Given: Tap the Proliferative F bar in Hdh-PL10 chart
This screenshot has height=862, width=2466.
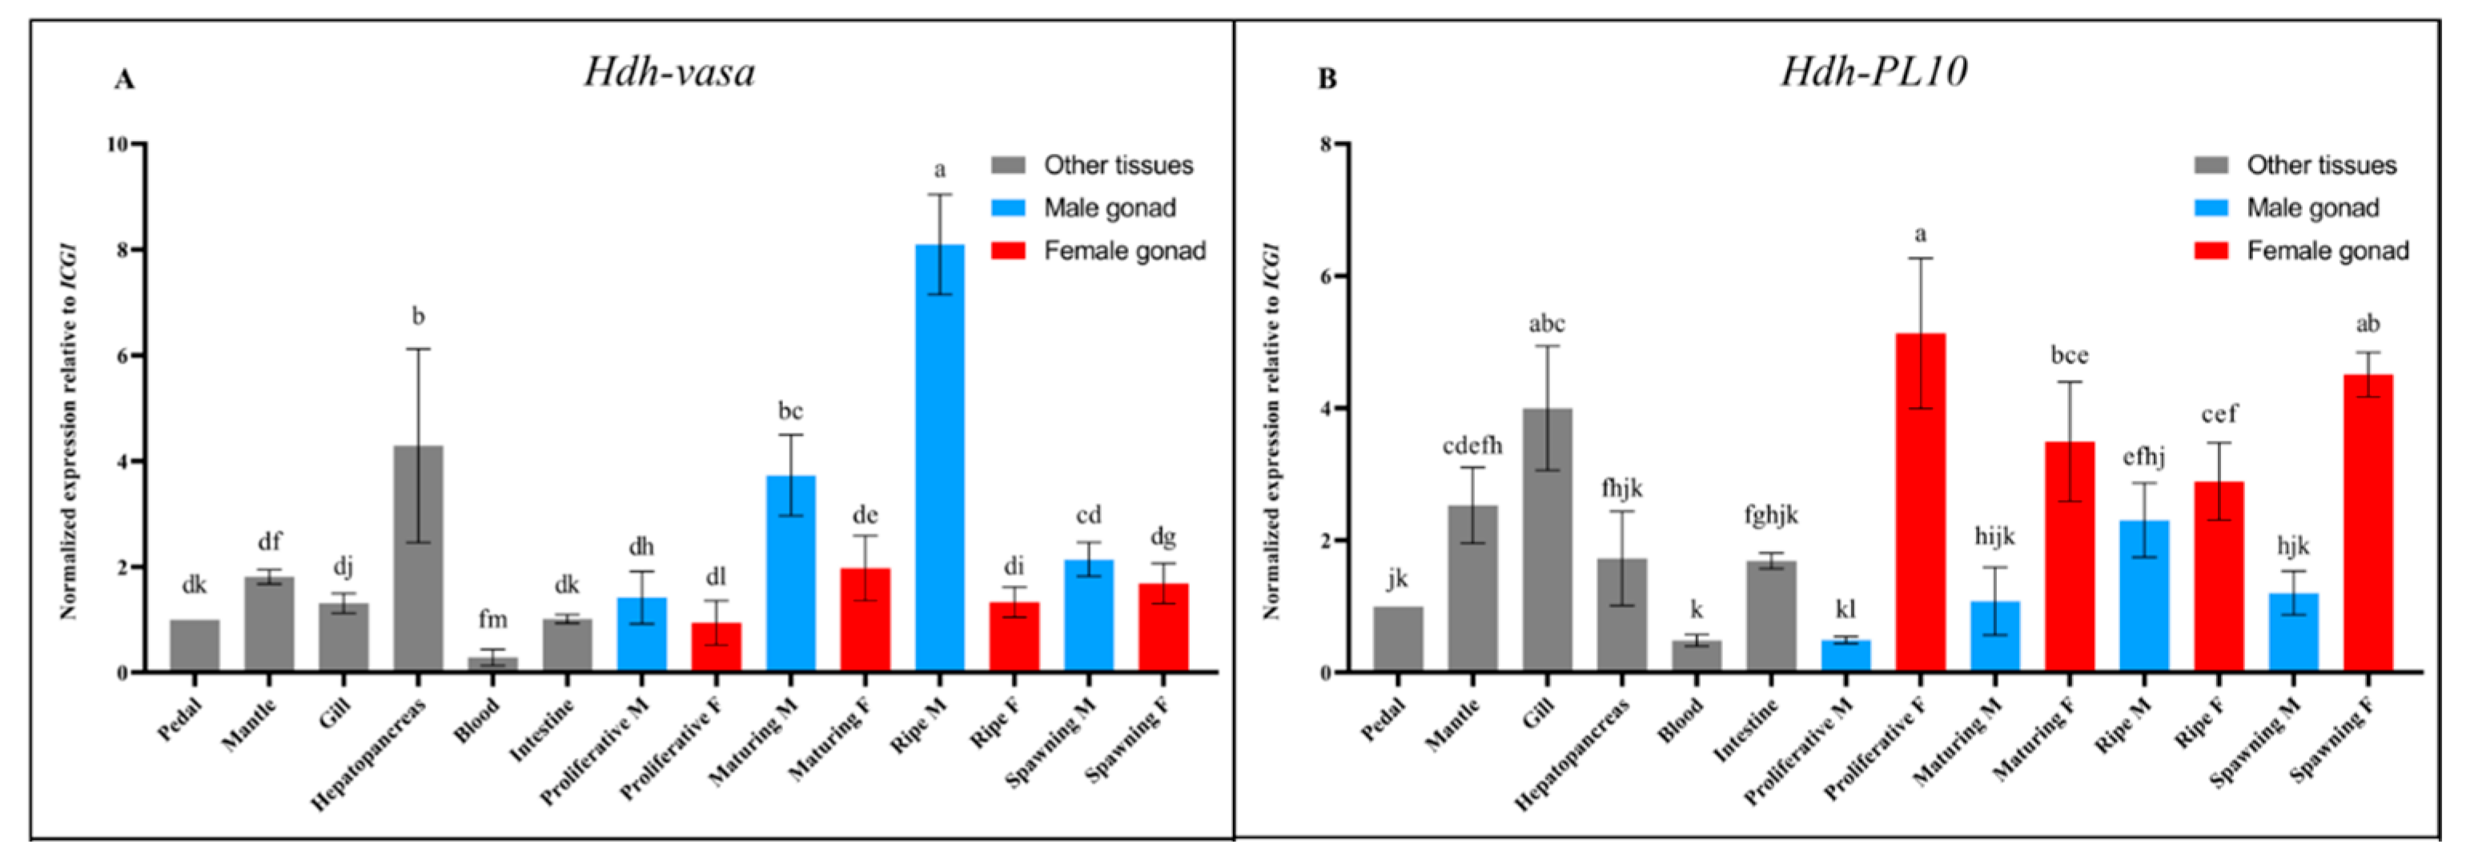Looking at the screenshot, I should (1919, 503).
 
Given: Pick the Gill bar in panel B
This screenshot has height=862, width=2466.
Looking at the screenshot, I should (1547, 540).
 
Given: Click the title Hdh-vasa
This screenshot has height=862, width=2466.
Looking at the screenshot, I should (669, 73).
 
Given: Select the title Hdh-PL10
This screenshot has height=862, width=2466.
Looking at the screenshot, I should (1874, 73).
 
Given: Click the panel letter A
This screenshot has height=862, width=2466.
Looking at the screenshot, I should (123, 79).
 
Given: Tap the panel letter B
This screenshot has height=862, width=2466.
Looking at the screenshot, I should (1327, 79).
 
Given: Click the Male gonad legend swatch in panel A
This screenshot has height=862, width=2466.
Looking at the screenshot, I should (1008, 207).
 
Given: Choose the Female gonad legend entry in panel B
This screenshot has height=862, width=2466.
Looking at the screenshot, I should (2326, 251).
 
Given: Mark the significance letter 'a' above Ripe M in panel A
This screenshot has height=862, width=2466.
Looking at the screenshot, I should (939, 171).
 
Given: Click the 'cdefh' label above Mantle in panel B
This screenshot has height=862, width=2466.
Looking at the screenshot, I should (1472, 445).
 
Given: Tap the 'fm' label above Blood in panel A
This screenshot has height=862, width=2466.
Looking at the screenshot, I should (492, 620).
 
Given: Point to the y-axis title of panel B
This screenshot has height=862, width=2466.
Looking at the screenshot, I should (1271, 431).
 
